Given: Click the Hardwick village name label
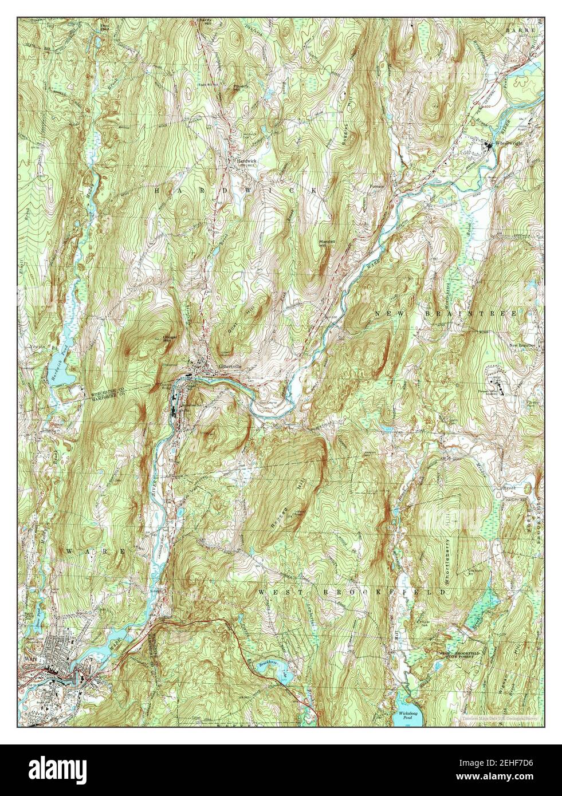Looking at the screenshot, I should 247,161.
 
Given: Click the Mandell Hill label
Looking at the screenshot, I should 327,243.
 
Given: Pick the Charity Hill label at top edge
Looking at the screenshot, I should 205,22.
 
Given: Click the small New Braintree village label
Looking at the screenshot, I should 522,345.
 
